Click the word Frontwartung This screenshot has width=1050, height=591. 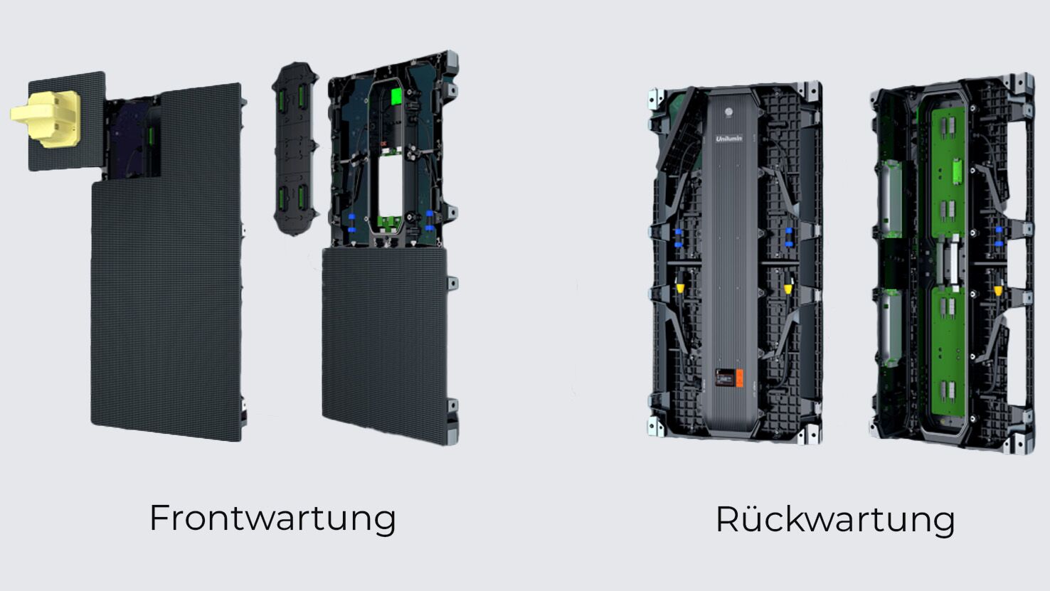tap(272, 519)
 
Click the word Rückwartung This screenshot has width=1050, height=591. tap(835, 519)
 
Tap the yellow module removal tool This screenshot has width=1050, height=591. tap(46, 119)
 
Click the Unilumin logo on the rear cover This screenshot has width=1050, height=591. tap(729, 138)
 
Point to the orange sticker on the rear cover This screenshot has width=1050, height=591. tap(739, 378)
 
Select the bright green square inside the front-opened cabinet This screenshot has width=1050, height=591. tap(397, 96)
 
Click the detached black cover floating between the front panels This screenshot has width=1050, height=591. tap(295, 149)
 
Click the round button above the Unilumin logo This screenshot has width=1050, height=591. tap(729, 112)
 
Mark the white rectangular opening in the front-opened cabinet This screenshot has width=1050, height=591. tap(391, 186)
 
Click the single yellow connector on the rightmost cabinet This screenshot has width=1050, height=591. tap(998, 291)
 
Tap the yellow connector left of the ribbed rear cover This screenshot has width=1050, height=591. tap(679, 287)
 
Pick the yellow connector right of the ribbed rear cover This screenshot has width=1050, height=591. tap(788, 287)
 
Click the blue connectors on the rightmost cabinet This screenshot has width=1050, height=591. tap(999, 237)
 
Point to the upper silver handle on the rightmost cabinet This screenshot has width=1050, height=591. tap(891, 198)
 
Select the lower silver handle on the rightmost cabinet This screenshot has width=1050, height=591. tap(890, 328)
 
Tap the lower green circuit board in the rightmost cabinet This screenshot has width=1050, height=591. tap(948, 351)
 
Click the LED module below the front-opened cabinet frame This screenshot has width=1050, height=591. tap(384, 346)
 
